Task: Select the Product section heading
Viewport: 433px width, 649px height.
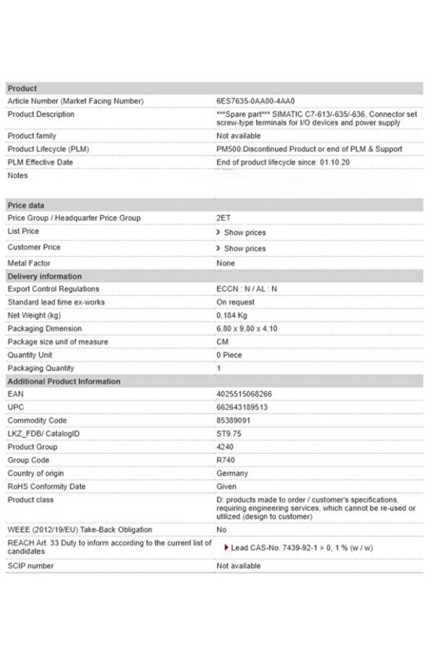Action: pyautogui.click(x=22, y=89)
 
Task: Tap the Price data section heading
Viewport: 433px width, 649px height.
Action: pyautogui.click(x=26, y=206)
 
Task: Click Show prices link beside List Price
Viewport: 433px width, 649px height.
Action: pyautogui.click(x=244, y=232)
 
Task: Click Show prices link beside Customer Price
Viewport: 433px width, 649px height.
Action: pyautogui.click(x=244, y=248)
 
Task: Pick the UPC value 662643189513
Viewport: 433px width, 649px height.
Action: pyautogui.click(x=242, y=407)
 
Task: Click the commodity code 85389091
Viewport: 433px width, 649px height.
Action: pyautogui.click(x=234, y=420)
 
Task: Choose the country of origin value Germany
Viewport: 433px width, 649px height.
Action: pyautogui.click(x=232, y=473)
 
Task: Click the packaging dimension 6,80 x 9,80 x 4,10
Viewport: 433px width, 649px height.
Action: pyautogui.click(x=247, y=328)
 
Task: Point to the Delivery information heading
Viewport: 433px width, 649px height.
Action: pyautogui.click(x=45, y=276)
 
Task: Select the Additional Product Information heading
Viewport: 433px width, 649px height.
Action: pyautogui.click(x=63, y=381)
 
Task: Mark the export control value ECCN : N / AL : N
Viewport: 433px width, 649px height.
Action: pyautogui.click(x=247, y=289)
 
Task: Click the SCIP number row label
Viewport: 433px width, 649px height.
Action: pyautogui.click(x=30, y=566)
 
